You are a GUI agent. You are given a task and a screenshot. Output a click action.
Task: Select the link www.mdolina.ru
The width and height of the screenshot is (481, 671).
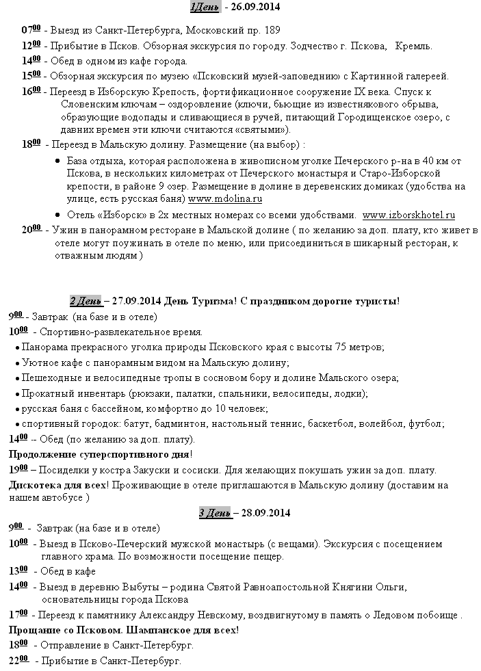point(225,199)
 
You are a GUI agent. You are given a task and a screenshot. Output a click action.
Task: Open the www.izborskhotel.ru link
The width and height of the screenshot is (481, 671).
point(408,214)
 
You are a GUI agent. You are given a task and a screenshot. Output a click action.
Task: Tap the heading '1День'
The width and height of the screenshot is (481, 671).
point(205,8)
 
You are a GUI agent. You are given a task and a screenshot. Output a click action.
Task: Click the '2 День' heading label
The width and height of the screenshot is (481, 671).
point(86,302)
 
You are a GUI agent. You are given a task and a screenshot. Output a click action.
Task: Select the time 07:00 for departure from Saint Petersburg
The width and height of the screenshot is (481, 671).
point(30,30)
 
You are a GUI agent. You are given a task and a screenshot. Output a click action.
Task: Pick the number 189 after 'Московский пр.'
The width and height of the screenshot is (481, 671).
point(271,31)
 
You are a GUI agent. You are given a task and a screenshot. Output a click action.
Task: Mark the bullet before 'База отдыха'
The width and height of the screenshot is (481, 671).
point(57,161)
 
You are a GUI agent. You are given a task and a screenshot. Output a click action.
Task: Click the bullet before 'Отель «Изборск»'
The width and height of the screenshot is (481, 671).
point(57,215)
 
